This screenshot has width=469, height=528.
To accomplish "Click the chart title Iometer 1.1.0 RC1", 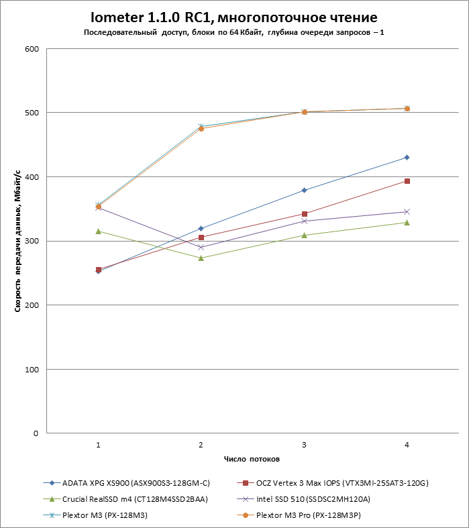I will [x=234, y=17].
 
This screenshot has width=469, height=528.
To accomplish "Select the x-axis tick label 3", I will [x=304, y=445].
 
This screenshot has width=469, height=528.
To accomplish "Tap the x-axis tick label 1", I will [x=98, y=445].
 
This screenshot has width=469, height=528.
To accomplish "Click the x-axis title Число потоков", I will [x=252, y=460].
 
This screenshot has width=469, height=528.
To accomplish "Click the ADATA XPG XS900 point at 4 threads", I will [x=407, y=158].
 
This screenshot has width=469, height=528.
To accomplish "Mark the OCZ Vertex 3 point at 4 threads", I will [x=407, y=181].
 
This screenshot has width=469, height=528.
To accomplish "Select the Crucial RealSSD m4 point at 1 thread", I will [x=98, y=231].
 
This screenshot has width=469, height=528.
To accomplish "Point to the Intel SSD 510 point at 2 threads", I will [x=201, y=248].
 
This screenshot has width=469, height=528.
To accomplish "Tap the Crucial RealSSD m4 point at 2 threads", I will [x=201, y=258].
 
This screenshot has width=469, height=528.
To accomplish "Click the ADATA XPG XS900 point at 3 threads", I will [x=304, y=191].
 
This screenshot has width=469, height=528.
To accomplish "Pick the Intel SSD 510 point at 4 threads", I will [x=407, y=212].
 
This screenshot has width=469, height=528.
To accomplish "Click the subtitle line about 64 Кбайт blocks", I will [x=234, y=32].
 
